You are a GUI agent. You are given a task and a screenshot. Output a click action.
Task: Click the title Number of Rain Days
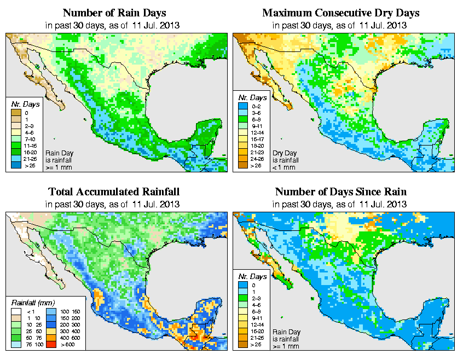[113, 12]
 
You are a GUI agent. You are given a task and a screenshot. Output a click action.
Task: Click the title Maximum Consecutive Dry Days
[341, 12]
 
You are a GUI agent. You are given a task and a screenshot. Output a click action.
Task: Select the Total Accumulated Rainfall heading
[113, 191]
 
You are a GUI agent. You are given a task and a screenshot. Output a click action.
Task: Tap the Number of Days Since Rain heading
[341, 191]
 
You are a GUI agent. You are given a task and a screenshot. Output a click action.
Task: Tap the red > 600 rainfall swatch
[53, 345]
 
